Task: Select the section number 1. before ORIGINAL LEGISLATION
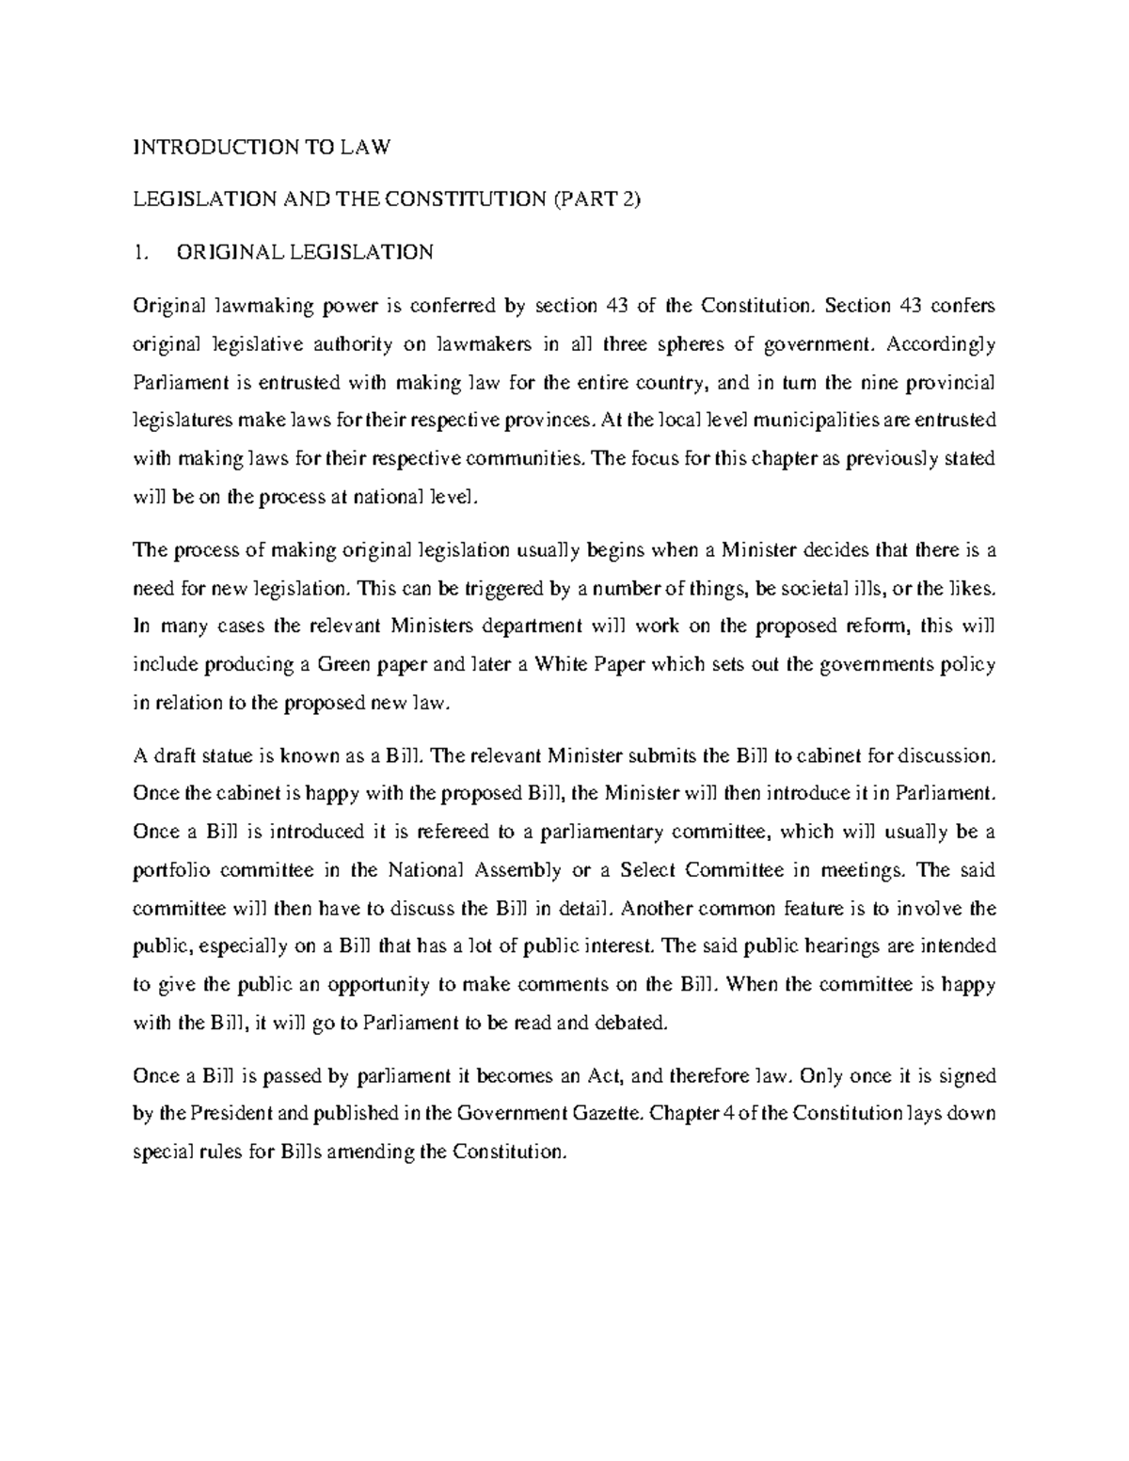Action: [140, 252]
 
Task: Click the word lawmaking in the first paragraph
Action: [254, 306]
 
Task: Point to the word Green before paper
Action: [345, 664]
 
